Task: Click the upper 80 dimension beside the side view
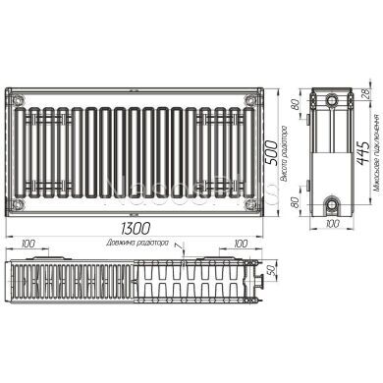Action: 293,107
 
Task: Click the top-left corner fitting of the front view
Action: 17,98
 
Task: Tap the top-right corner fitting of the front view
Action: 252,98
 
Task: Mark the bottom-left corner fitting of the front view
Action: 17,201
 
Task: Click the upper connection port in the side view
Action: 335,101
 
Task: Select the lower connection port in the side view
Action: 335,203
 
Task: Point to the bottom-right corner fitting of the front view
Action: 252,201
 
